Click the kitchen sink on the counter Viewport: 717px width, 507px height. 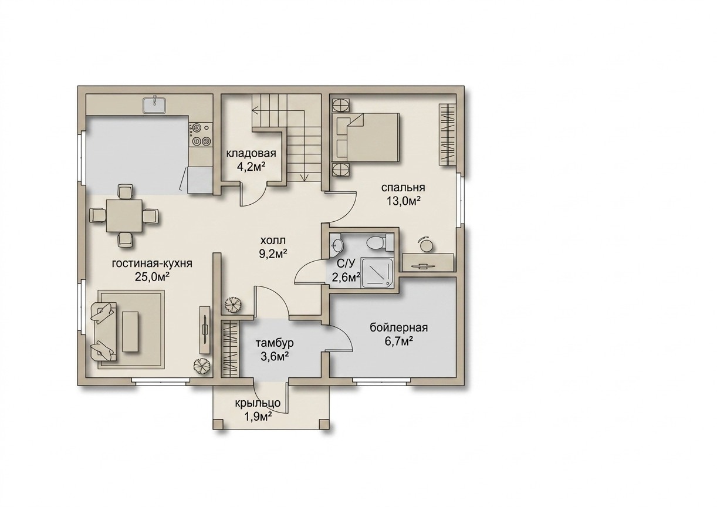154,105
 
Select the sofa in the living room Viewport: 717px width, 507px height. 103,332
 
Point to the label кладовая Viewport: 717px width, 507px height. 251,153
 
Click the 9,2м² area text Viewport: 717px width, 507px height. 273,254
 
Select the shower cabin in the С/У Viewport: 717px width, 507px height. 377,272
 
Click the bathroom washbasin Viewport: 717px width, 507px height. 336,245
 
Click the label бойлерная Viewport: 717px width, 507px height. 399,328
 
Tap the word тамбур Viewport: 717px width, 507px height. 275,343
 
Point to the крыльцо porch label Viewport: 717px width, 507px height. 258,403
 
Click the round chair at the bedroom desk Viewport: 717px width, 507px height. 427,245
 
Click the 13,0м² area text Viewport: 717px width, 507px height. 403,202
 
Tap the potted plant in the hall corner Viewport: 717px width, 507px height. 231,305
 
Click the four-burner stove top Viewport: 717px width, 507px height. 200,135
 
